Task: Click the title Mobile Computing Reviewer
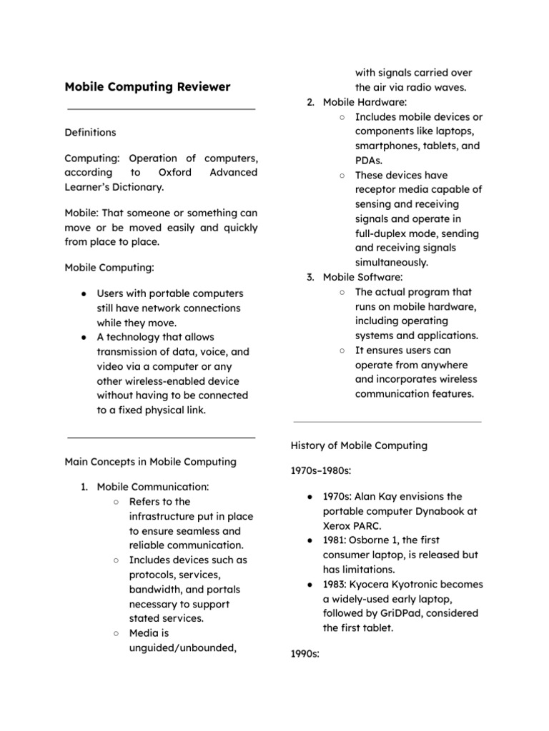pos(147,87)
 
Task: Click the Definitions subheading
pos(90,132)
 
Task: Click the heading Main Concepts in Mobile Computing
pos(150,461)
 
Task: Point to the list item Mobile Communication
pos(152,487)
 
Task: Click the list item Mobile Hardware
pos(365,102)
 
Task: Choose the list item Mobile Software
pos(362,277)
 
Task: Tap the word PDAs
pos(368,161)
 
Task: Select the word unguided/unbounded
pos(182,647)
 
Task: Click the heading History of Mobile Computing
pos(359,445)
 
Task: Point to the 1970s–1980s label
pos(320,470)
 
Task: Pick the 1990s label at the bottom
pos(305,653)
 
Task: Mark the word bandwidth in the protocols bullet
pos(156,590)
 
